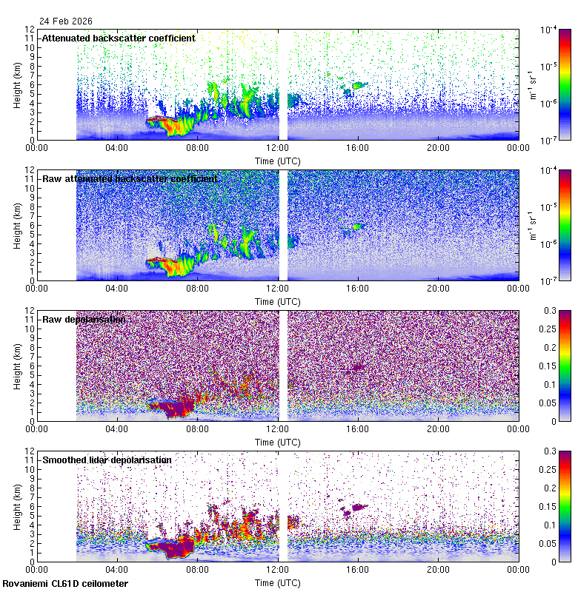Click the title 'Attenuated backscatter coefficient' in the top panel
pos(119,38)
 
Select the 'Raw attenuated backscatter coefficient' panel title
pos(130,178)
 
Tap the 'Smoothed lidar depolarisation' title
pos(107,460)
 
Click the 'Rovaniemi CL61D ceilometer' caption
pos(64,584)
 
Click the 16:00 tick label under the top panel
pos(358,147)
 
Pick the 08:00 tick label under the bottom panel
pos(197,569)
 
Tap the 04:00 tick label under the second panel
pos(117,288)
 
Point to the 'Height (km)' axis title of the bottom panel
pos(17,505)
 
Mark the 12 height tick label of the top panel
pos(27,30)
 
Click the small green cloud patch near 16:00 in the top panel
pos(360,85)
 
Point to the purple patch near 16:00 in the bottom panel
pos(359,507)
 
